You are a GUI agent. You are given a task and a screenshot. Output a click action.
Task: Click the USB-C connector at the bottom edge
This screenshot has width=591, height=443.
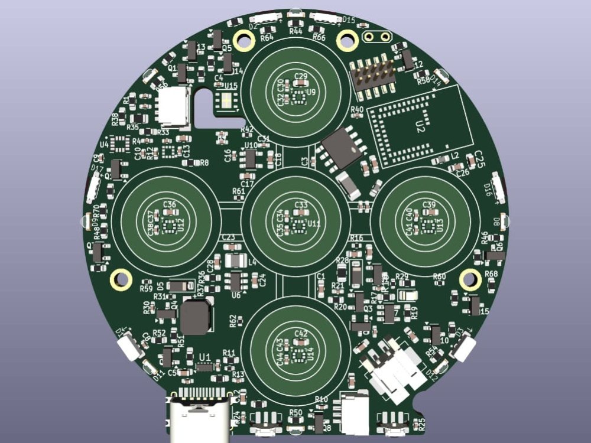pos(198,416)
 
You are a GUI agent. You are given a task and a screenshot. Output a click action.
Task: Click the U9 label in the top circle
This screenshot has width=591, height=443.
pos(311,92)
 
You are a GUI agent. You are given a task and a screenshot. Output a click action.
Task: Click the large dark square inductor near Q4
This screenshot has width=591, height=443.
pos(196,317)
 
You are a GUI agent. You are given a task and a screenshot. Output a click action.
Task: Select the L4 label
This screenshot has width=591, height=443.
pos(252,262)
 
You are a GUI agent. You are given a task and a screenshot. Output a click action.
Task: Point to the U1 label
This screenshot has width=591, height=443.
pos(205,356)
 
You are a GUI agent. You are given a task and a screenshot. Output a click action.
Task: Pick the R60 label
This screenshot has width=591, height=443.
pos(439,276)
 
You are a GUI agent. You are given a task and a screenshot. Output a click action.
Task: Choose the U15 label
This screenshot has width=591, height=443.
pos(231,86)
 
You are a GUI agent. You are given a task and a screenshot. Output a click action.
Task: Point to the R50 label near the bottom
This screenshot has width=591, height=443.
pos(296,412)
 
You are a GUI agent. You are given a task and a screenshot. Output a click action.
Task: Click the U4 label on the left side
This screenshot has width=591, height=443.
pos(104,144)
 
